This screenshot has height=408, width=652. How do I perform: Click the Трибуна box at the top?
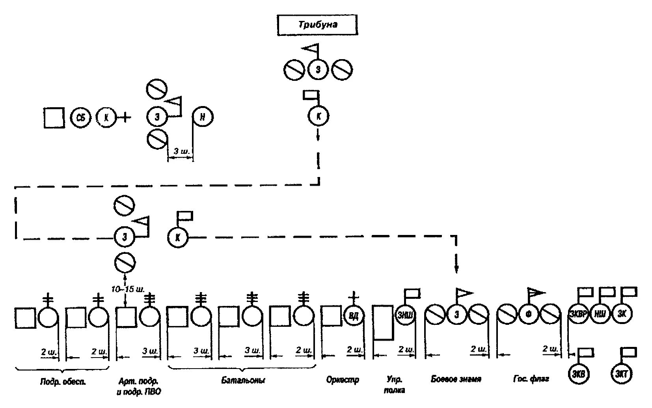tap(317, 25)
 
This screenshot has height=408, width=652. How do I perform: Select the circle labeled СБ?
tap(81, 117)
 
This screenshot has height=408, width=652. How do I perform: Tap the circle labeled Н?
tap(203, 117)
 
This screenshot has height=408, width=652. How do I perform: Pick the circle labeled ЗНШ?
tap(405, 315)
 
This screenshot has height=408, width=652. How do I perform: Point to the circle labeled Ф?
tap(528, 315)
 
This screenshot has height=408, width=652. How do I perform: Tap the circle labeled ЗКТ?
tap(622, 374)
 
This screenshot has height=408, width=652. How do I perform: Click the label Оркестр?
tap(343, 380)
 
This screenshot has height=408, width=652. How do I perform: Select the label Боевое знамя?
tap(456, 379)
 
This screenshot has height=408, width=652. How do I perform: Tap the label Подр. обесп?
tap(63, 382)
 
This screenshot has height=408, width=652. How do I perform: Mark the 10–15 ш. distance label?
tap(127, 289)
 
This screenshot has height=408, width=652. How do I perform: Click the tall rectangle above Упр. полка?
tap(383, 322)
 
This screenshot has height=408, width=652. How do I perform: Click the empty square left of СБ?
tap(54, 117)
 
